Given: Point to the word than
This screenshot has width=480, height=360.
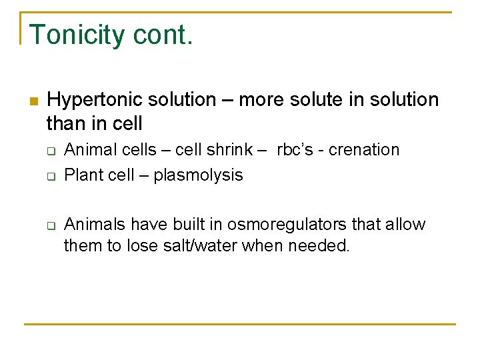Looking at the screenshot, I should click(67, 123).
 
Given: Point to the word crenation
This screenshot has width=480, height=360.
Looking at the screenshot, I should click(367, 150).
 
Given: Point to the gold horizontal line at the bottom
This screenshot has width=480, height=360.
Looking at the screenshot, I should click(240, 325).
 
